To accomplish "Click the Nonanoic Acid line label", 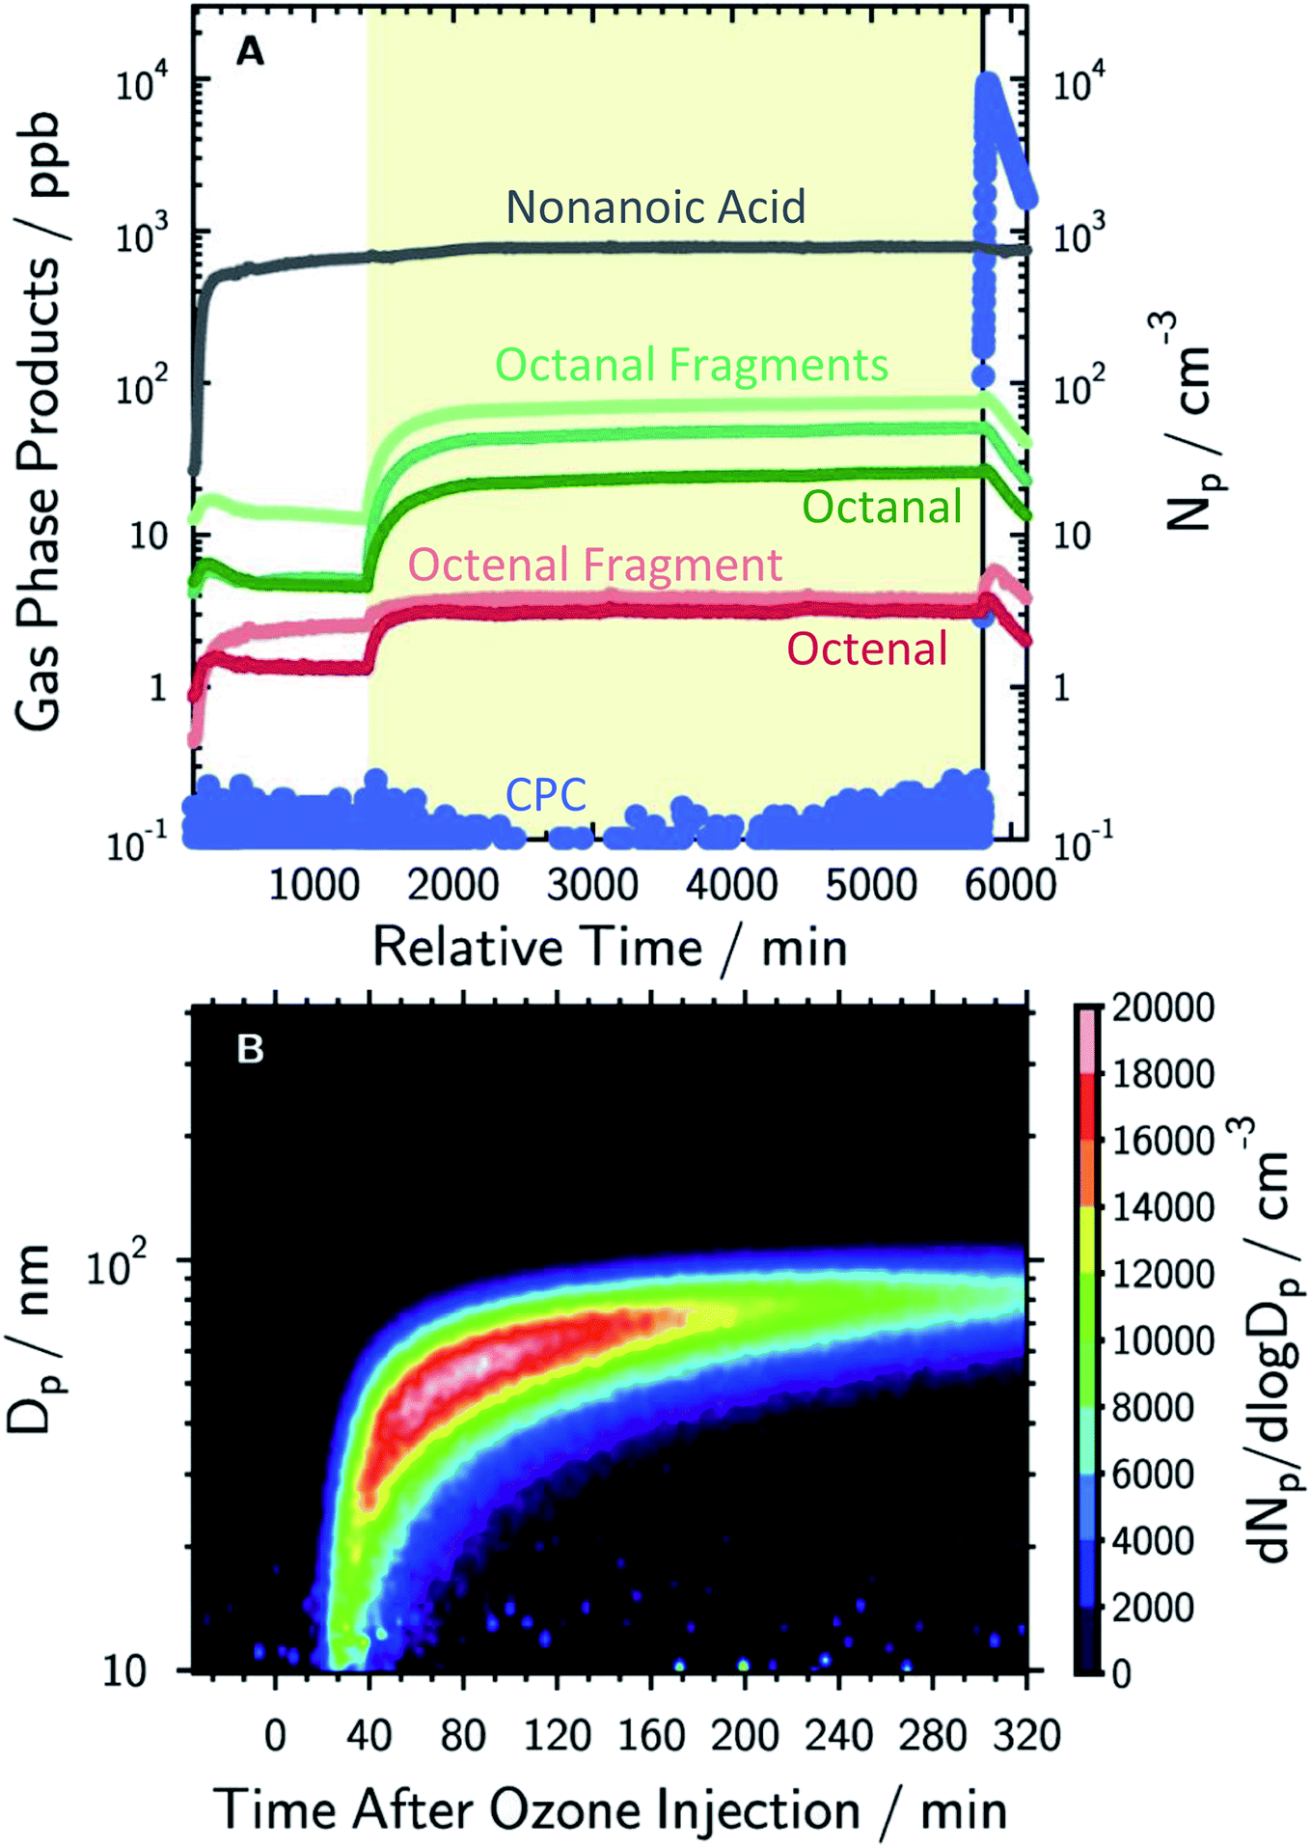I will [x=655, y=207].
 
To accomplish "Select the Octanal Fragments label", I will [x=691, y=365].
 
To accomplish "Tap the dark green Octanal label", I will [x=882, y=507].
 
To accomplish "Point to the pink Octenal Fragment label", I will [x=594, y=565].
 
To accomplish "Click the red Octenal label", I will [x=866, y=648].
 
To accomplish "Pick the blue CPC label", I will [x=546, y=795].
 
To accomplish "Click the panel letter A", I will [x=250, y=51].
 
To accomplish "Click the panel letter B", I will [x=250, y=1048].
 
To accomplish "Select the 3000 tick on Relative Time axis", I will [x=591, y=885].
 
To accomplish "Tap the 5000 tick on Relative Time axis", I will [x=870, y=885].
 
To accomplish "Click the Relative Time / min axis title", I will [x=610, y=947].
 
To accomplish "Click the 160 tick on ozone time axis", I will [x=651, y=1735].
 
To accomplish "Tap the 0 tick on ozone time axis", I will [x=275, y=1735].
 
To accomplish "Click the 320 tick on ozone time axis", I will [x=1026, y=1735].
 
